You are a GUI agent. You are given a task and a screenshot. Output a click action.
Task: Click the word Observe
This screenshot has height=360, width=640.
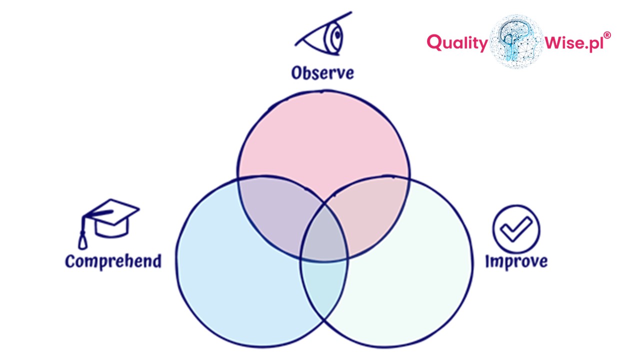point(322,73)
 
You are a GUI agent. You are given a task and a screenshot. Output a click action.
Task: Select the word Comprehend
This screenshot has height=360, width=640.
point(113,261)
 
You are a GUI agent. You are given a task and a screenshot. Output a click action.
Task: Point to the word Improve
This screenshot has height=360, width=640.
point(516,261)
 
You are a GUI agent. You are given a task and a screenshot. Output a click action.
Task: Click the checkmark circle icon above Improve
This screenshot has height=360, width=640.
point(516,228)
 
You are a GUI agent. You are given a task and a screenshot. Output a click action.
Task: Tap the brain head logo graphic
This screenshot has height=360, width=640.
point(516,41)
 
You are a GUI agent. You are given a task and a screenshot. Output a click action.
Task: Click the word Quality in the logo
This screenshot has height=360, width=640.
point(457,43)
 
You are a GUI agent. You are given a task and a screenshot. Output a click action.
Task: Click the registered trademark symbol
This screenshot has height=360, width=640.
point(607,35)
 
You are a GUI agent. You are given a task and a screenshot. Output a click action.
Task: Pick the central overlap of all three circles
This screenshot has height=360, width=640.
point(324,235)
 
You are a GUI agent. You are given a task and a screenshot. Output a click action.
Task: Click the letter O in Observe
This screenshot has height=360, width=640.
point(298,73)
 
